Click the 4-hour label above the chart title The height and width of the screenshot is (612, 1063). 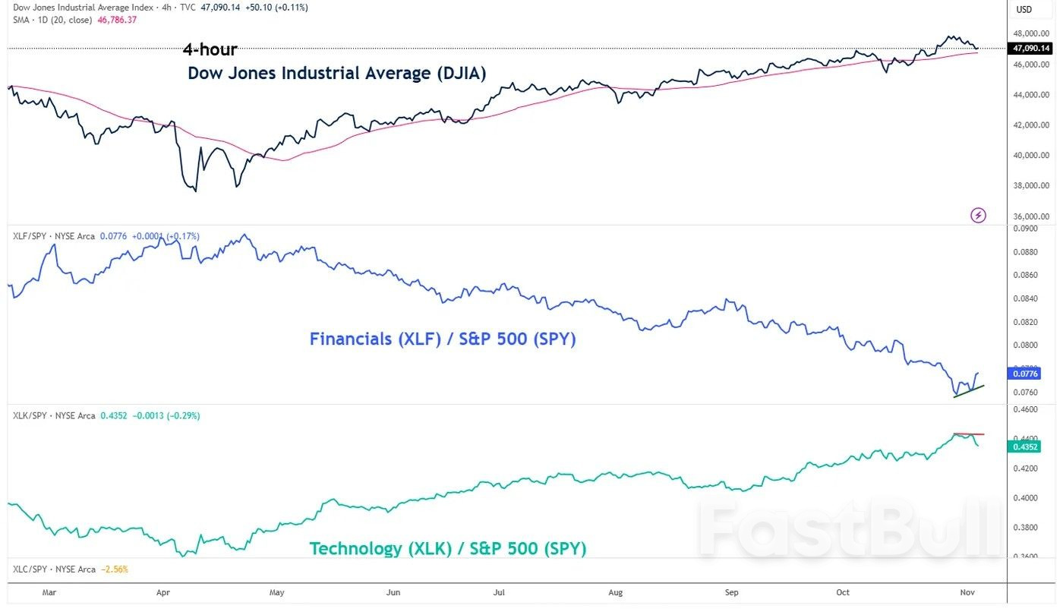pos(210,50)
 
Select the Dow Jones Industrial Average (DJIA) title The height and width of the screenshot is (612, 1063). pos(336,73)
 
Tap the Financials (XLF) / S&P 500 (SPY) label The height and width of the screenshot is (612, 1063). pos(443,339)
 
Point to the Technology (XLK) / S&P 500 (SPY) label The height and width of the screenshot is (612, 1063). pos(447,548)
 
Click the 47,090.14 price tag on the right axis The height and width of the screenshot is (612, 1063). pos(1031,49)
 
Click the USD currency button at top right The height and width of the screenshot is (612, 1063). pos(1024,10)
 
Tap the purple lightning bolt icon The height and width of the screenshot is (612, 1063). pos(979,215)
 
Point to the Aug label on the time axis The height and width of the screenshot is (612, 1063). pos(616,591)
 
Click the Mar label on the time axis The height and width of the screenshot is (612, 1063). pos(49,591)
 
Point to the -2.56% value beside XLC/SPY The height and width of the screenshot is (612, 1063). pos(116,569)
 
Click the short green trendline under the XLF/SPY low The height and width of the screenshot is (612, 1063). pos(969,391)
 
